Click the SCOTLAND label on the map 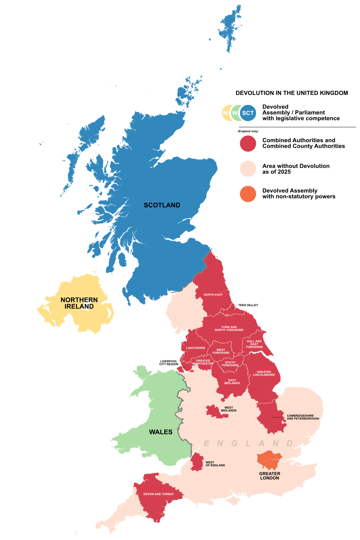pos(162,205)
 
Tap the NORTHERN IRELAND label pos(79,303)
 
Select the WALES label pos(161,432)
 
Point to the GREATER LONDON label pos(270,476)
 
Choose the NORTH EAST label pos(213,295)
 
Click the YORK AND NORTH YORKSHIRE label pos(229,328)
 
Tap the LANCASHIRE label pos(196,348)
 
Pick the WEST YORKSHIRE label pos(221,351)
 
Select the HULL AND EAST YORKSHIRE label pos(254,344)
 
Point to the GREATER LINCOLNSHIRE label pos(264,373)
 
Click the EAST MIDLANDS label pos(232,382)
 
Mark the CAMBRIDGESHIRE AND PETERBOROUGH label pos(303,417)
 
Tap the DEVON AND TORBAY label pos(159,494)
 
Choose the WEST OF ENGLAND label pos(215,464)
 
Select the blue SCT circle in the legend pos(248,113)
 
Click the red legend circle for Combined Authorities pos(248,144)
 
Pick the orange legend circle pos(248,194)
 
